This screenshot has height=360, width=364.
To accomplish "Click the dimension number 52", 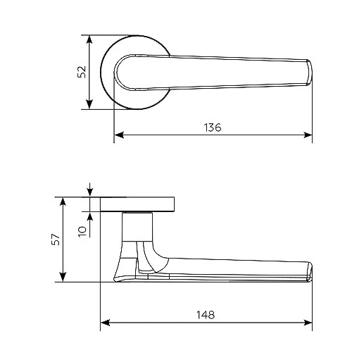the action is (x=82, y=72).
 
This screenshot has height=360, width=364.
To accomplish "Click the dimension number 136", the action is (x=213, y=128).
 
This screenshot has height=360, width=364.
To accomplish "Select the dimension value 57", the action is (x=56, y=240).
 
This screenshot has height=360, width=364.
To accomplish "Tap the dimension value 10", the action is (x=82, y=232).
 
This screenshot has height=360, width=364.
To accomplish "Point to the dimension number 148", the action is (x=206, y=315).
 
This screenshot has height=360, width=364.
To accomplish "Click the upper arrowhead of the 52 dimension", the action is (x=89, y=39).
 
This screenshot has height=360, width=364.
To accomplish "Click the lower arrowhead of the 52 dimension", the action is (x=89, y=105).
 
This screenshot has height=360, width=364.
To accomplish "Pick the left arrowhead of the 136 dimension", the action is (x=119, y=135).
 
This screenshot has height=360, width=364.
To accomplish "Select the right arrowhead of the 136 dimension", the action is (x=308, y=135).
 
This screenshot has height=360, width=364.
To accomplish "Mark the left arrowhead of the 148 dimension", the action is (x=105, y=323).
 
